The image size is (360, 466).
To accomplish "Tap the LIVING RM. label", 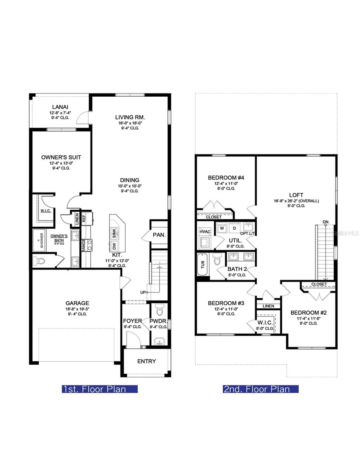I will pos(130,117).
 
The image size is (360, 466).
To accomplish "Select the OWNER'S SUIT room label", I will pos(61,157).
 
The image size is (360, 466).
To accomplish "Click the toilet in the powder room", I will pos(159,310).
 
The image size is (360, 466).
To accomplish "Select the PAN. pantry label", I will pos(159,235).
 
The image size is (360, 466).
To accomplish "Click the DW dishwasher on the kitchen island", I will pos(114,245).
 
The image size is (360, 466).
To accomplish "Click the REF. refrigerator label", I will pos(84,218).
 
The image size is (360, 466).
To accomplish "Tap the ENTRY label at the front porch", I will pos(147,361).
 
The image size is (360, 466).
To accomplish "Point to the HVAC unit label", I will pos(205,231).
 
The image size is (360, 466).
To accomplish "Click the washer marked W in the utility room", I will pos(222,228).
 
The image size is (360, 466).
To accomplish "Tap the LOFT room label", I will pos(296,195).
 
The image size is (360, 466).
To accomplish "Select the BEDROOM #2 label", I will pos(309,313).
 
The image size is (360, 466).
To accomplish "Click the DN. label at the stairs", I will pos(326,222).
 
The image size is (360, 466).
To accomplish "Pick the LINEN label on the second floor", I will pos(268,306).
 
